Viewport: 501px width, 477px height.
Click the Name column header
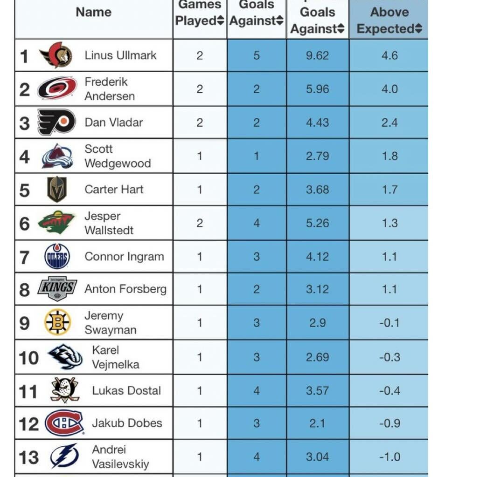pyautogui.click(x=93, y=12)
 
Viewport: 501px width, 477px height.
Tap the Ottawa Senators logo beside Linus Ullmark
pyautogui.click(x=56, y=55)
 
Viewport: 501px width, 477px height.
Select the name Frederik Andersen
pyautogui.click(x=110, y=89)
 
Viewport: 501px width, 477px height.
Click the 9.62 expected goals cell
pyautogui.click(x=317, y=55)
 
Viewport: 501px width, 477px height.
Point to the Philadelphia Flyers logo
pyautogui.click(x=56, y=122)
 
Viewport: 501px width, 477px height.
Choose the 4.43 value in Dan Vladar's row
pyautogui.click(x=317, y=123)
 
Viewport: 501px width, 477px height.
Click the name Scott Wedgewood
pyautogui.click(x=118, y=156)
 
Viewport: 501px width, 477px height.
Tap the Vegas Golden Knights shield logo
pyautogui.click(x=57, y=189)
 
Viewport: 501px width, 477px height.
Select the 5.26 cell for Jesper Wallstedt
pyautogui.click(x=317, y=223)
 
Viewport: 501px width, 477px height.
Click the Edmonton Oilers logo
pyautogui.click(x=57, y=256)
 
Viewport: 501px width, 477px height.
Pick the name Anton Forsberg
pyautogui.click(x=125, y=289)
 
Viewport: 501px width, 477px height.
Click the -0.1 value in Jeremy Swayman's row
pyautogui.click(x=389, y=323)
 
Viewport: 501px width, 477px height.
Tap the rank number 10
pyautogui.click(x=28, y=358)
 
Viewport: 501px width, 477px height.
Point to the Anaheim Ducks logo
pyautogui.click(x=64, y=390)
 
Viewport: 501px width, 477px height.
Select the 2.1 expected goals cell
pyautogui.click(x=317, y=423)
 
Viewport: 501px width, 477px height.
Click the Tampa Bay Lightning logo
pyautogui.click(x=64, y=457)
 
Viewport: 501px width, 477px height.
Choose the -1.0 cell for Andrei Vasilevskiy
pyautogui.click(x=389, y=457)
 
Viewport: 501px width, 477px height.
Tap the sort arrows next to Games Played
pyautogui.click(x=221, y=21)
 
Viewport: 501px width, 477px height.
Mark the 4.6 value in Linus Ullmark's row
pyautogui.click(x=389, y=55)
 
